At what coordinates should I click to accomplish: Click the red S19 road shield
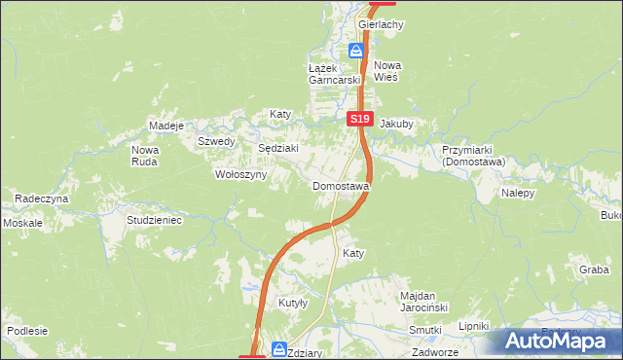(x=360, y=119)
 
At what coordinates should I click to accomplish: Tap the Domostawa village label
(x=341, y=186)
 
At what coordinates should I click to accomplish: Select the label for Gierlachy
(x=380, y=24)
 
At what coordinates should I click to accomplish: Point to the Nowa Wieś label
(x=387, y=71)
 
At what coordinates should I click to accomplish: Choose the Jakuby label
(x=396, y=125)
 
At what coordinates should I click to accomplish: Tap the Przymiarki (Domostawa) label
(x=472, y=157)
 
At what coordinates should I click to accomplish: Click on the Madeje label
(x=165, y=126)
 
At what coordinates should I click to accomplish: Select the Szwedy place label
(x=216, y=141)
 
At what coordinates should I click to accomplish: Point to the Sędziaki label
(x=276, y=148)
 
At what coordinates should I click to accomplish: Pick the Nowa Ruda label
(x=145, y=156)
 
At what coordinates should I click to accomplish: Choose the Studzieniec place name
(x=155, y=221)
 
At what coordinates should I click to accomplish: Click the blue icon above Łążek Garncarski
(x=357, y=50)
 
